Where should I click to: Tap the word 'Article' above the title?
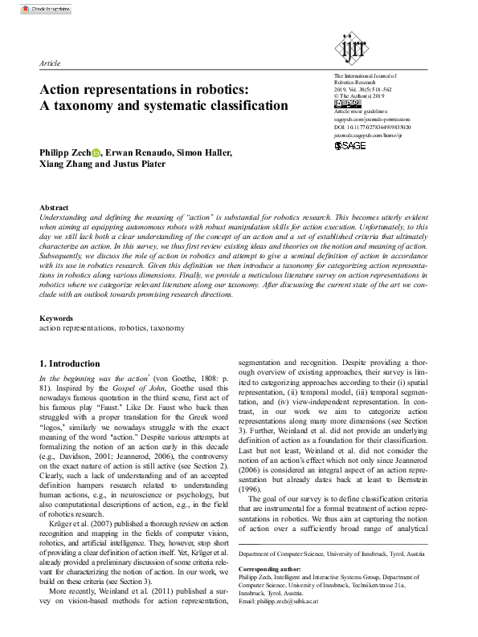coord(50,62)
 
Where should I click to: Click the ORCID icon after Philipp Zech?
coord(96,152)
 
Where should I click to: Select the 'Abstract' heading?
coord(54,208)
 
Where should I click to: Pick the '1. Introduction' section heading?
coord(70,363)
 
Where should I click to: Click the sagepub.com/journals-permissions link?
coord(372,120)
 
